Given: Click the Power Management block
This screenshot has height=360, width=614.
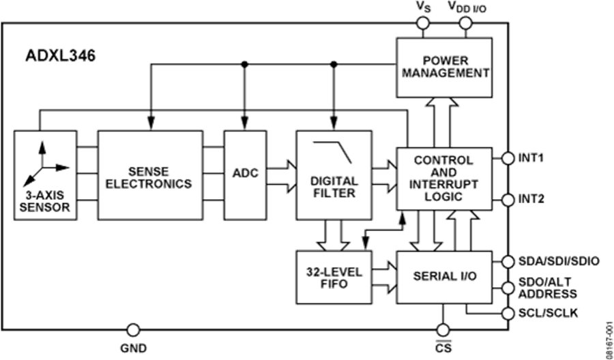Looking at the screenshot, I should [445, 66].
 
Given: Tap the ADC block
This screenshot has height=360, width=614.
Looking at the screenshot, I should [244, 174].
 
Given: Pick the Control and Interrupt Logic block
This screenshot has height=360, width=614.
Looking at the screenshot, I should [444, 178].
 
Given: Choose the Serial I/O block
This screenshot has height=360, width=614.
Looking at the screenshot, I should [444, 275].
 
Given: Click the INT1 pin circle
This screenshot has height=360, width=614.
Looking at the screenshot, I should [508, 159].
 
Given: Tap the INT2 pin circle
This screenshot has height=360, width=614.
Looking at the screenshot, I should [508, 200].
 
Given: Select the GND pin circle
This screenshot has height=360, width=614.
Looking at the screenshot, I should [133, 331].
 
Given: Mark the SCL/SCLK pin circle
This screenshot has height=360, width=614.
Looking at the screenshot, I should [508, 313].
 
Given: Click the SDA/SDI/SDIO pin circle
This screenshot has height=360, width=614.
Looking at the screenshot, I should [508, 261].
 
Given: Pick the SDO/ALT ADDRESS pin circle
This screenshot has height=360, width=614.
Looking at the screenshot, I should [508, 287].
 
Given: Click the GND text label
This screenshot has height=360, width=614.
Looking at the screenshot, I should [133, 348].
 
